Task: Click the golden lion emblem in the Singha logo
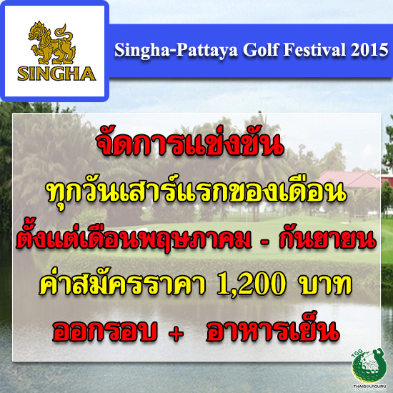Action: click(53, 43)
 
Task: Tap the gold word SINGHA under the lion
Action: click(56, 74)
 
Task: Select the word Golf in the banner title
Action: click(261, 50)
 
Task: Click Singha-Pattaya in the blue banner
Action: click(176, 51)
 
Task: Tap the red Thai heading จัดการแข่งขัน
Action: click(190, 144)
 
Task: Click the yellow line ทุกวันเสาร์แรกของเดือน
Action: click(197, 192)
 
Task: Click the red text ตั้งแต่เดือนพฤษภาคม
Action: click(134, 238)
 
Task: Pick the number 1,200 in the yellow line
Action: click(252, 285)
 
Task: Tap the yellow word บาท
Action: click(326, 286)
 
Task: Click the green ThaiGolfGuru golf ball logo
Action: click(369, 365)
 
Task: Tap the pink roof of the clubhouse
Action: click(349, 179)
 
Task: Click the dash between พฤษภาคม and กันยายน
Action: click(265, 243)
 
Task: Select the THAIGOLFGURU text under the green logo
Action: click(369, 387)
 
